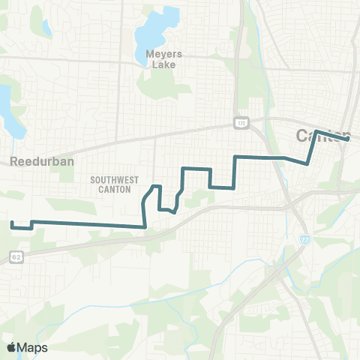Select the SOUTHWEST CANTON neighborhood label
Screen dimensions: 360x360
113,184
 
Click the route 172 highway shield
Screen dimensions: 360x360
240,122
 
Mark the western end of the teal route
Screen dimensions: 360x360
11,223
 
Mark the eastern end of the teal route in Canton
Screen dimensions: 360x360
348,139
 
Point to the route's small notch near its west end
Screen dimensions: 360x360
31,224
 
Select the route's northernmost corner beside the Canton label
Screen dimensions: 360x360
316,131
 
